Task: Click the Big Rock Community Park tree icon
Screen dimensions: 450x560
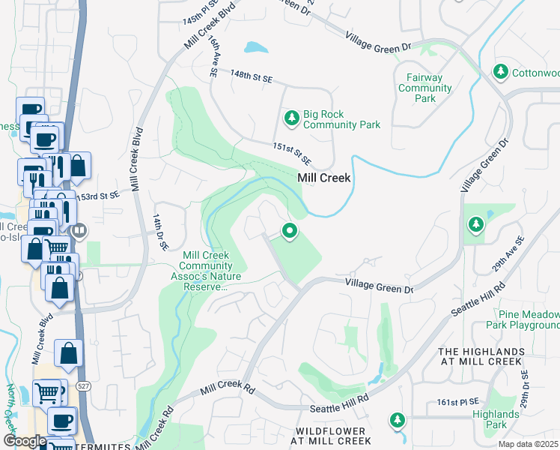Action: tap(291, 118)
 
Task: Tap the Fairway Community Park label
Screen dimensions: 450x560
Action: tap(425, 88)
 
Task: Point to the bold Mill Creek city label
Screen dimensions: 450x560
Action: tap(324, 178)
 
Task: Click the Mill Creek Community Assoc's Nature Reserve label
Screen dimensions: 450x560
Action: tap(204, 270)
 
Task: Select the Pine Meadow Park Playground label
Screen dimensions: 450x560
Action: tap(522, 319)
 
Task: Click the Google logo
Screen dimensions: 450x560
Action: tap(25, 440)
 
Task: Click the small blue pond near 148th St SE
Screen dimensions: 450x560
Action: tap(256, 47)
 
